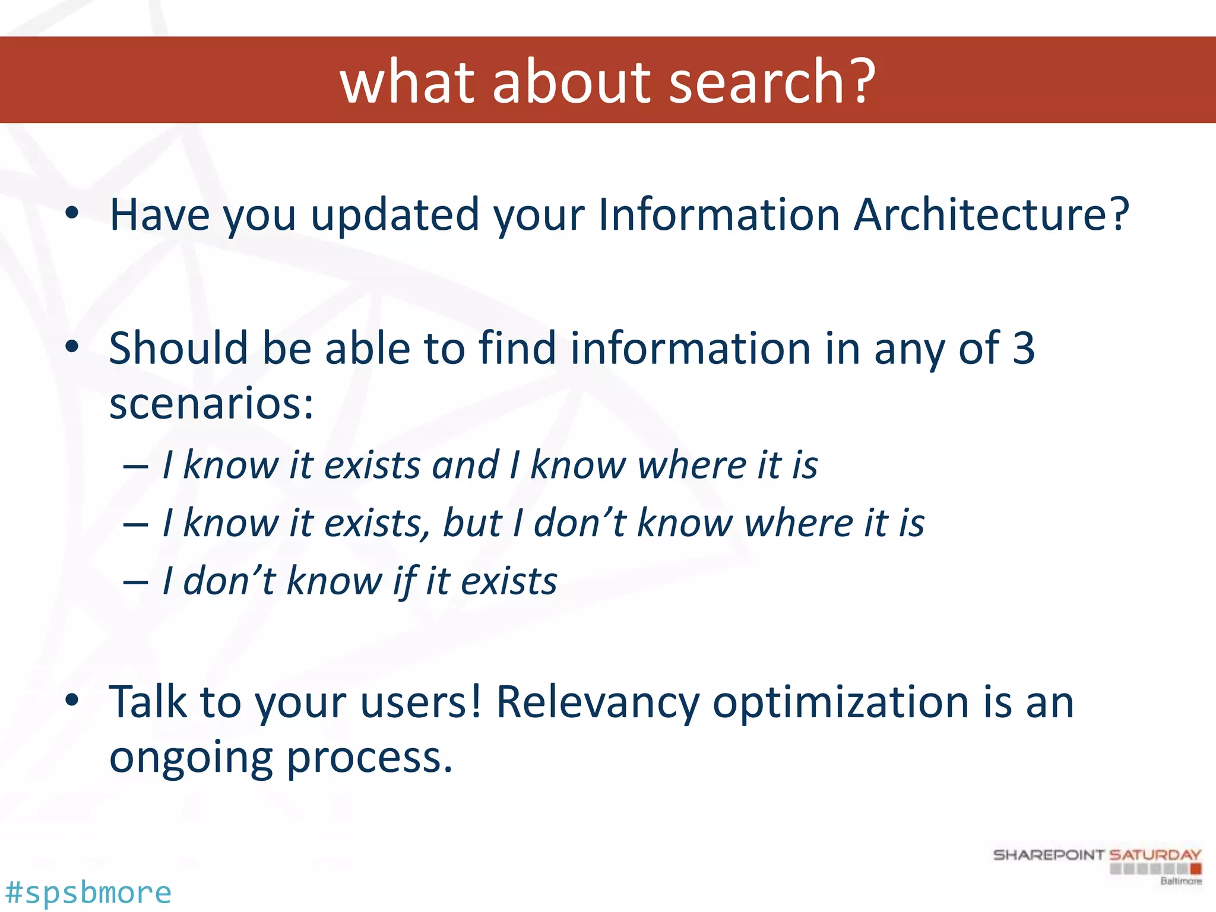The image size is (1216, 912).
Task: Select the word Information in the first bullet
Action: pos(719,215)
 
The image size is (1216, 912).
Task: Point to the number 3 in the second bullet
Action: pos(1023,348)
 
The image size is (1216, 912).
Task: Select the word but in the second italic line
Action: pos(472,523)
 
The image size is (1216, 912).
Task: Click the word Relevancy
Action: pos(597,702)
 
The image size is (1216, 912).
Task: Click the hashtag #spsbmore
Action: pos(88,892)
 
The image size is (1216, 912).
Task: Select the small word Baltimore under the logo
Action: pos(1181,881)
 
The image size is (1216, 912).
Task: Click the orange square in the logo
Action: pos(1196,869)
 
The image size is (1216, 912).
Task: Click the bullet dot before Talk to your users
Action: pos(72,701)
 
